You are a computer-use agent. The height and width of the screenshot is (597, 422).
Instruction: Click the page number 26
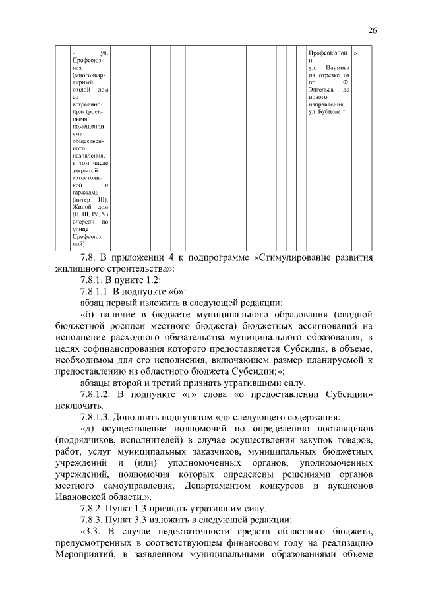tap(372, 30)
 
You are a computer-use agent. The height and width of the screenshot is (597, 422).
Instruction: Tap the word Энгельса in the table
tap(322, 90)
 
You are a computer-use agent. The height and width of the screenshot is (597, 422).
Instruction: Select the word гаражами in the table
tap(85, 192)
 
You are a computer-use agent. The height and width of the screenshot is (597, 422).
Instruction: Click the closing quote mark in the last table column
tap(356, 52)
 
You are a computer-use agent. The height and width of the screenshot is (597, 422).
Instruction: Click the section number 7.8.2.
tap(93, 508)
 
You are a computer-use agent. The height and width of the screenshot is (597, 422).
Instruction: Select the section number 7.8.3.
tap(93, 520)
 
